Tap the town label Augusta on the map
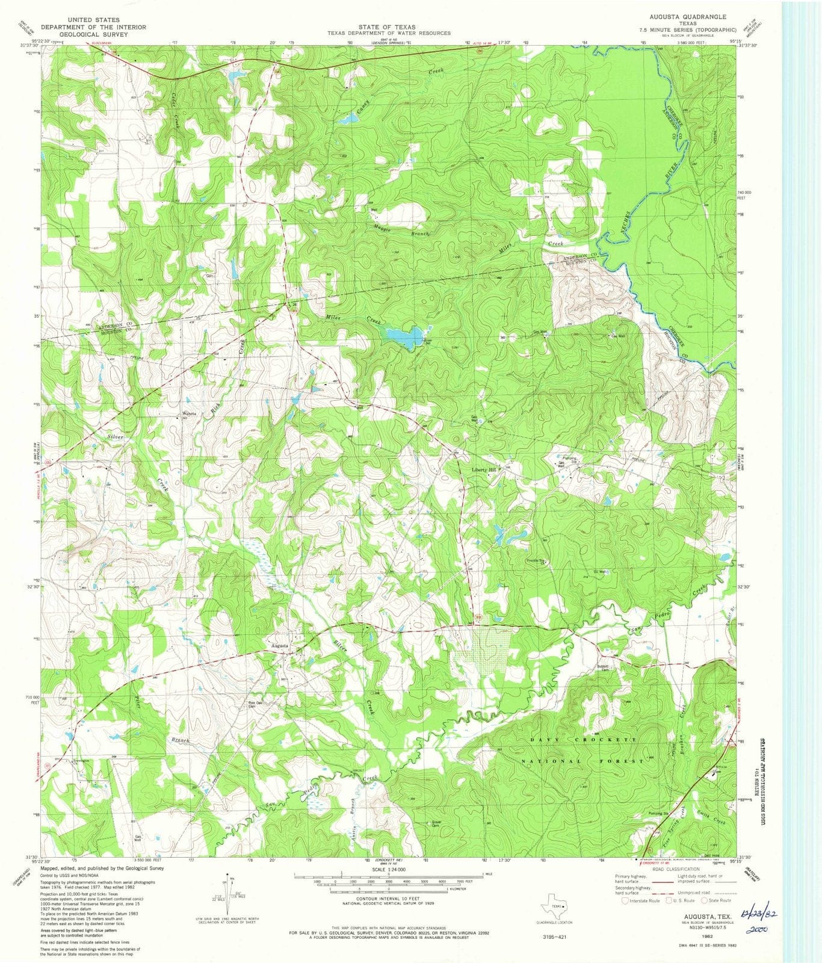(280, 646)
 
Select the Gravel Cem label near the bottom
(437, 824)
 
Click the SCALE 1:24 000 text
(389, 870)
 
